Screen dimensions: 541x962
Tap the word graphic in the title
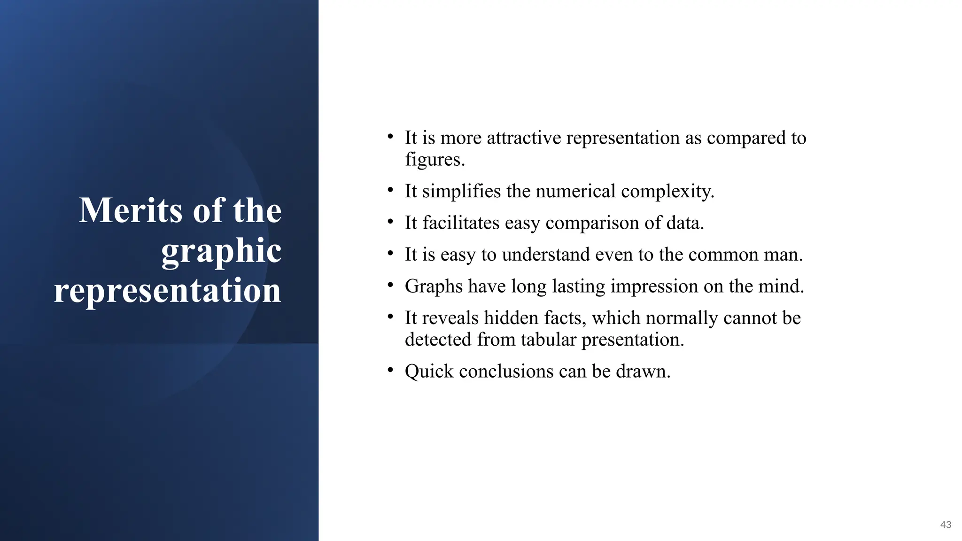point(221,251)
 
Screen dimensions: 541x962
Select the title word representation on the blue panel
point(168,291)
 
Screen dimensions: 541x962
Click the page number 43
point(946,525)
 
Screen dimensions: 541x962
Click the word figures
point(434,160)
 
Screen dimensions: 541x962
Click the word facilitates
point(460,223)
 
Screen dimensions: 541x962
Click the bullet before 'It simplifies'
point(390,190)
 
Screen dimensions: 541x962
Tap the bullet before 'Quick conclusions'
point(390,371)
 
